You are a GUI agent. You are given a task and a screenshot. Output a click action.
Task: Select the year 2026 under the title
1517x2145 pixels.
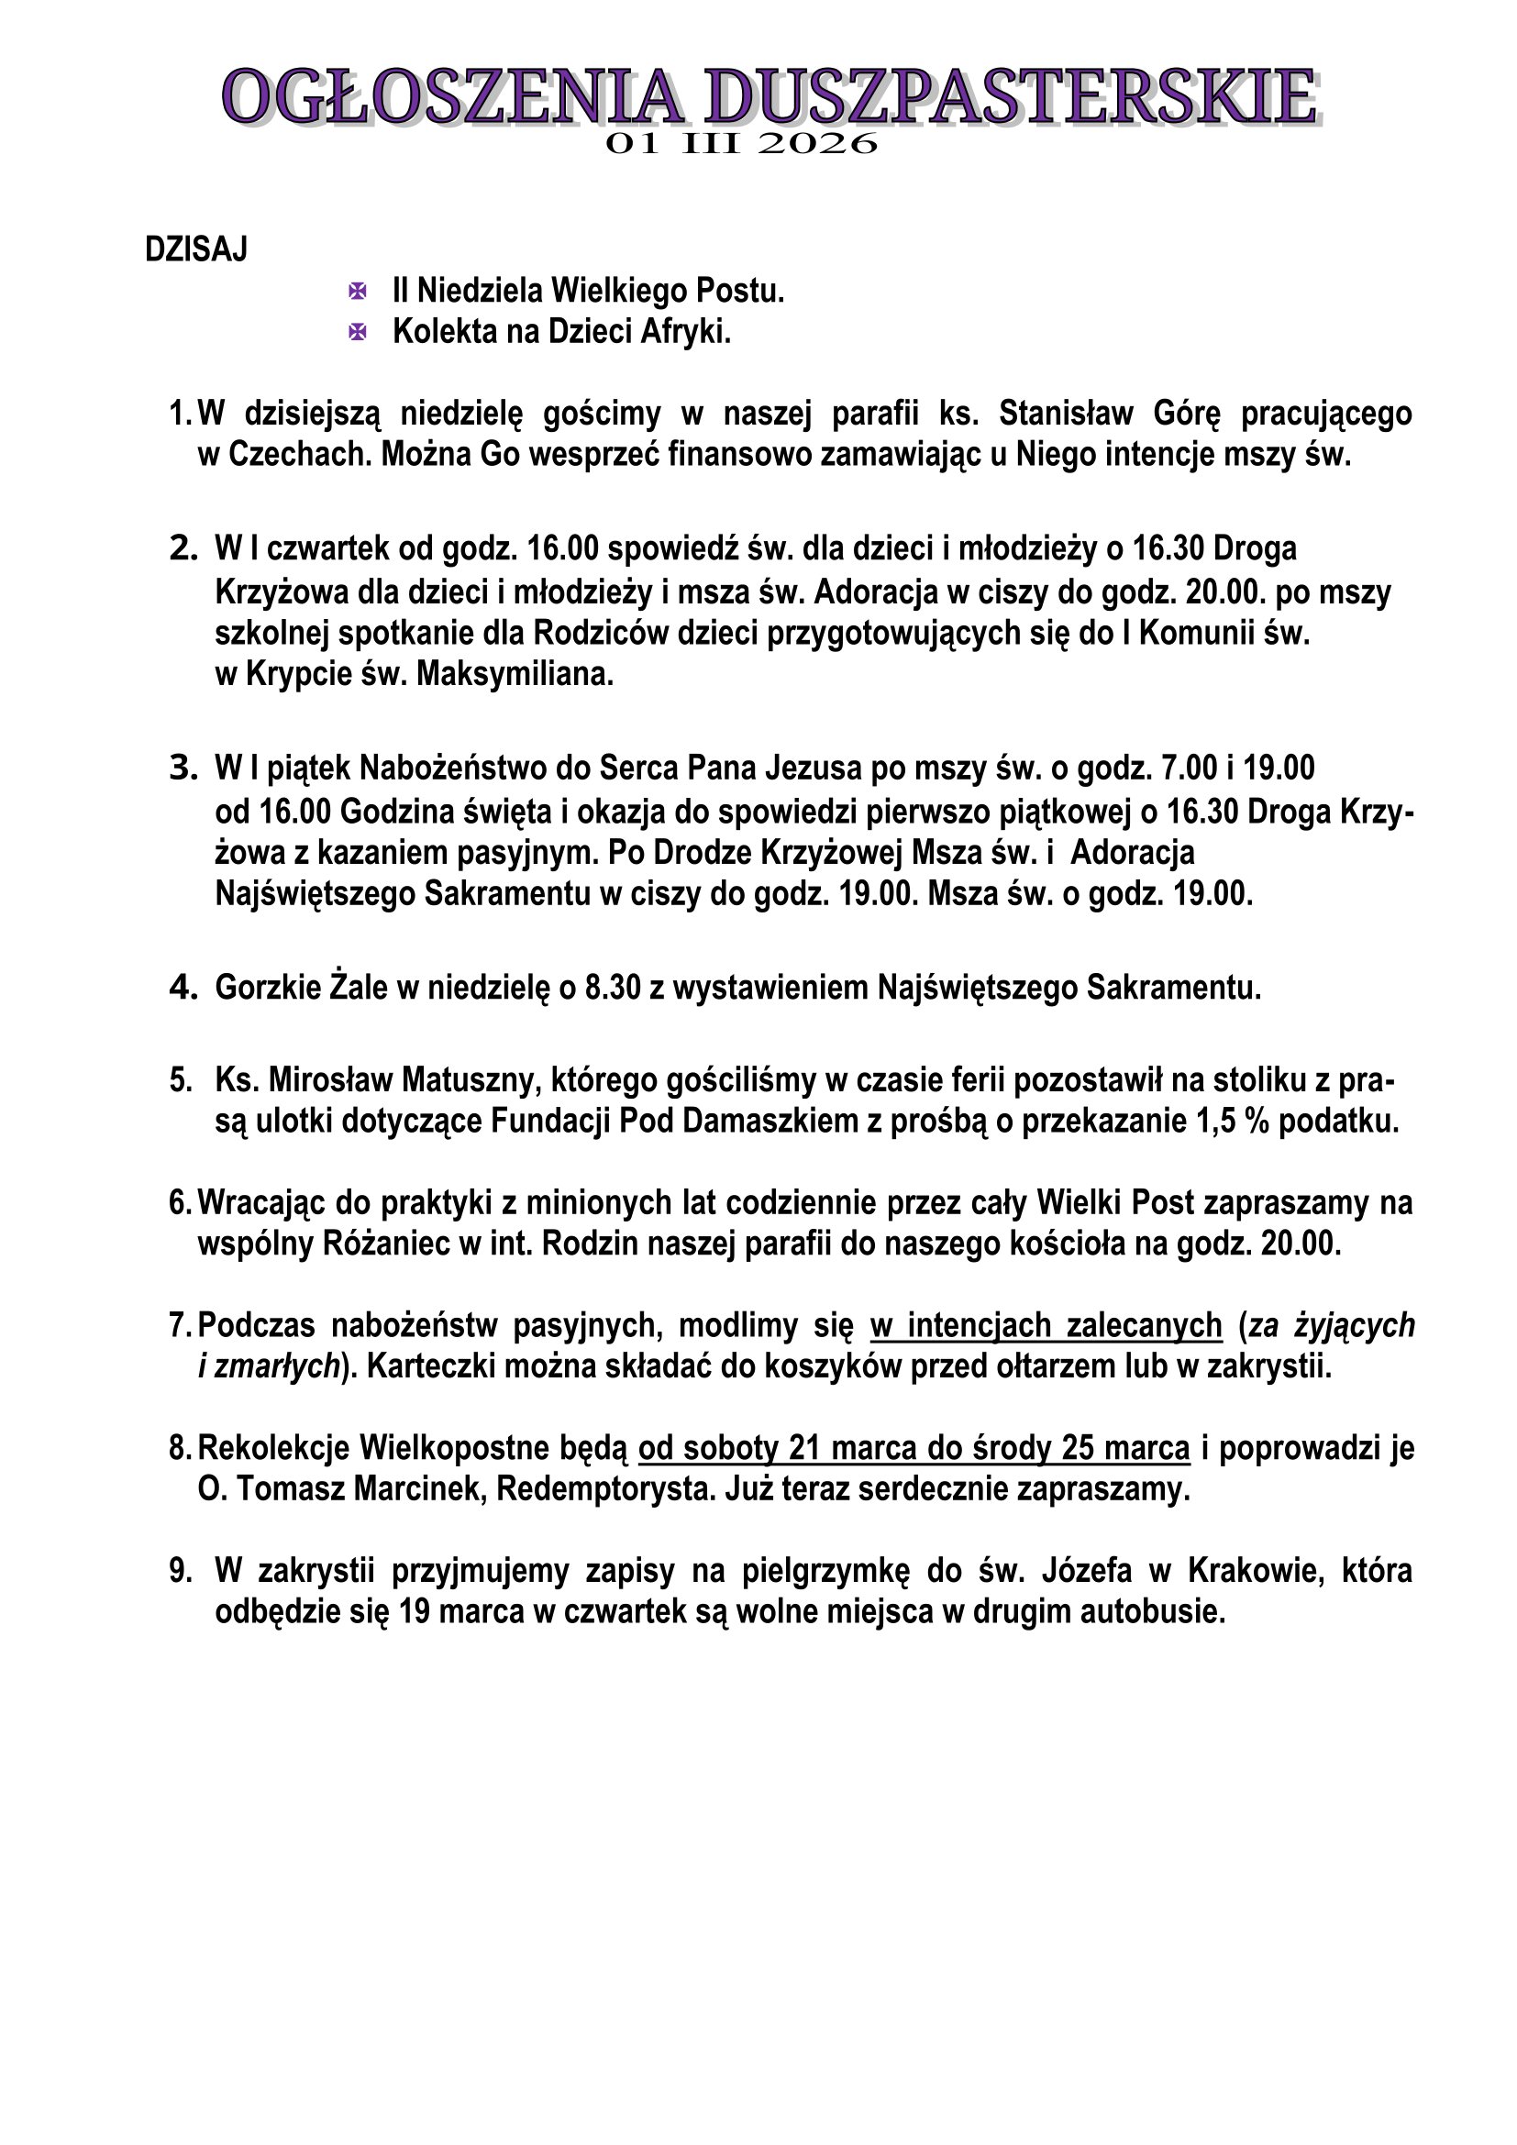pyautogui.click(x=817, y=144)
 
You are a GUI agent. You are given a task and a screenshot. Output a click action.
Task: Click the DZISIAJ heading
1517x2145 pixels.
pyautogui.click(x=196, y=249)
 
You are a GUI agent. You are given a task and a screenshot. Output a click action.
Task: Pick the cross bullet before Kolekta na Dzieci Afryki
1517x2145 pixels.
pyautogui.click(x=357, y=332)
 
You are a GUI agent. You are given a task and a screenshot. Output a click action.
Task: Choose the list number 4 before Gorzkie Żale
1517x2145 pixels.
pyautogui.click(x=183, y=989)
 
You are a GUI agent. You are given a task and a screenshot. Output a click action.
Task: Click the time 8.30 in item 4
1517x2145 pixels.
pyautogui.click(x=613, y=989)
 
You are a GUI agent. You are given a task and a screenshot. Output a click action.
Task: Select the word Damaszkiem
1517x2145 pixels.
pyautogui.click(x=770, y=1121)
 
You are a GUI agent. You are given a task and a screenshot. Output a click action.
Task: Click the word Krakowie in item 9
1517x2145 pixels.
pyautogui.click(x=1257, y=1572)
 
